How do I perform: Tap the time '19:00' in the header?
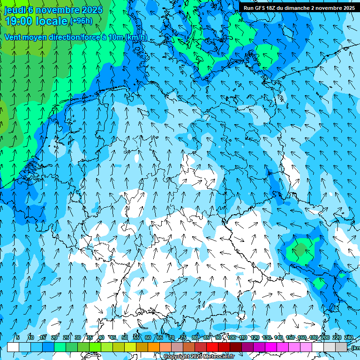19,21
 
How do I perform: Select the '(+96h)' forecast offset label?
81,21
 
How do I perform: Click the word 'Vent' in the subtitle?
13,37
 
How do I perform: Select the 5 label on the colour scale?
18,337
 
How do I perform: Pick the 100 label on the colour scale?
232,337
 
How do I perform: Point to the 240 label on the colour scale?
349,337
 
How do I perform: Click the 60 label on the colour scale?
148,337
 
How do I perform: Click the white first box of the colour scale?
13,347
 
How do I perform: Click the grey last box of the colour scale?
341,347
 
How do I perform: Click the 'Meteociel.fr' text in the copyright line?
218,357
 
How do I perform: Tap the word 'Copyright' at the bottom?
177,357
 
